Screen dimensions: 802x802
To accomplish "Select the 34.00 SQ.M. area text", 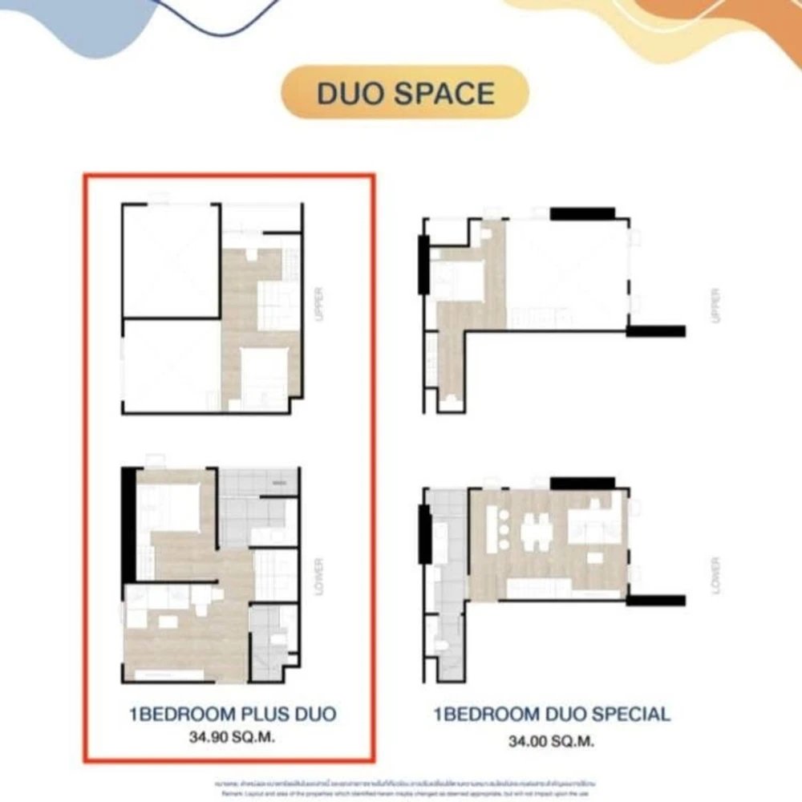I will [552, 742].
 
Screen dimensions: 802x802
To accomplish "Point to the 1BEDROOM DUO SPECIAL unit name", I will [552, 714].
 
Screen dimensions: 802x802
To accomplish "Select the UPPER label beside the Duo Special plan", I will [716, 305].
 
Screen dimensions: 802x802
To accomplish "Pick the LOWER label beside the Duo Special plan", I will [716, 575].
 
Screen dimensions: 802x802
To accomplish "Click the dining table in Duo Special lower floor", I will [536, 533].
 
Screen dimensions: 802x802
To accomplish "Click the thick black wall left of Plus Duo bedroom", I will [128, 525].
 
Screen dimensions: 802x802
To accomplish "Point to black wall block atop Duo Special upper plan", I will [583, 213].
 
